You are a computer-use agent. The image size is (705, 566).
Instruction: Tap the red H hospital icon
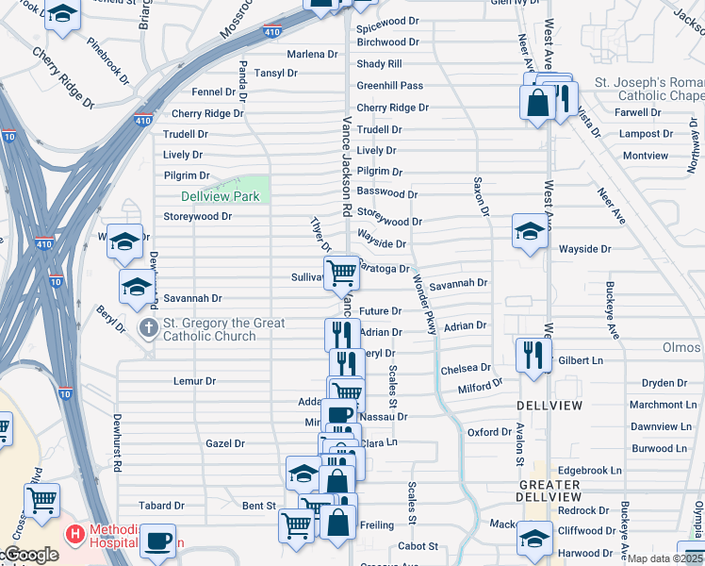74,535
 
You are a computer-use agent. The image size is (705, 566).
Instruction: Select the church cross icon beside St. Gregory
148,328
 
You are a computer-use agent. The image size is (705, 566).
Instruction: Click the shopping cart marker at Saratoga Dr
340,273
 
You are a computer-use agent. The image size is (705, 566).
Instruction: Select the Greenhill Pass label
389,86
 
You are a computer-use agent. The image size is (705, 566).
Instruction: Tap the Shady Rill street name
379,64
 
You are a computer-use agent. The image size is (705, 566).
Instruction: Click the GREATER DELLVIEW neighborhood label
549,491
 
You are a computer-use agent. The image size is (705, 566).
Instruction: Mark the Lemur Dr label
195,381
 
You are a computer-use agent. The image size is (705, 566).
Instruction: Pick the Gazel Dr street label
225,443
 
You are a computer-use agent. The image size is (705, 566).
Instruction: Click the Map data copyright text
664,558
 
